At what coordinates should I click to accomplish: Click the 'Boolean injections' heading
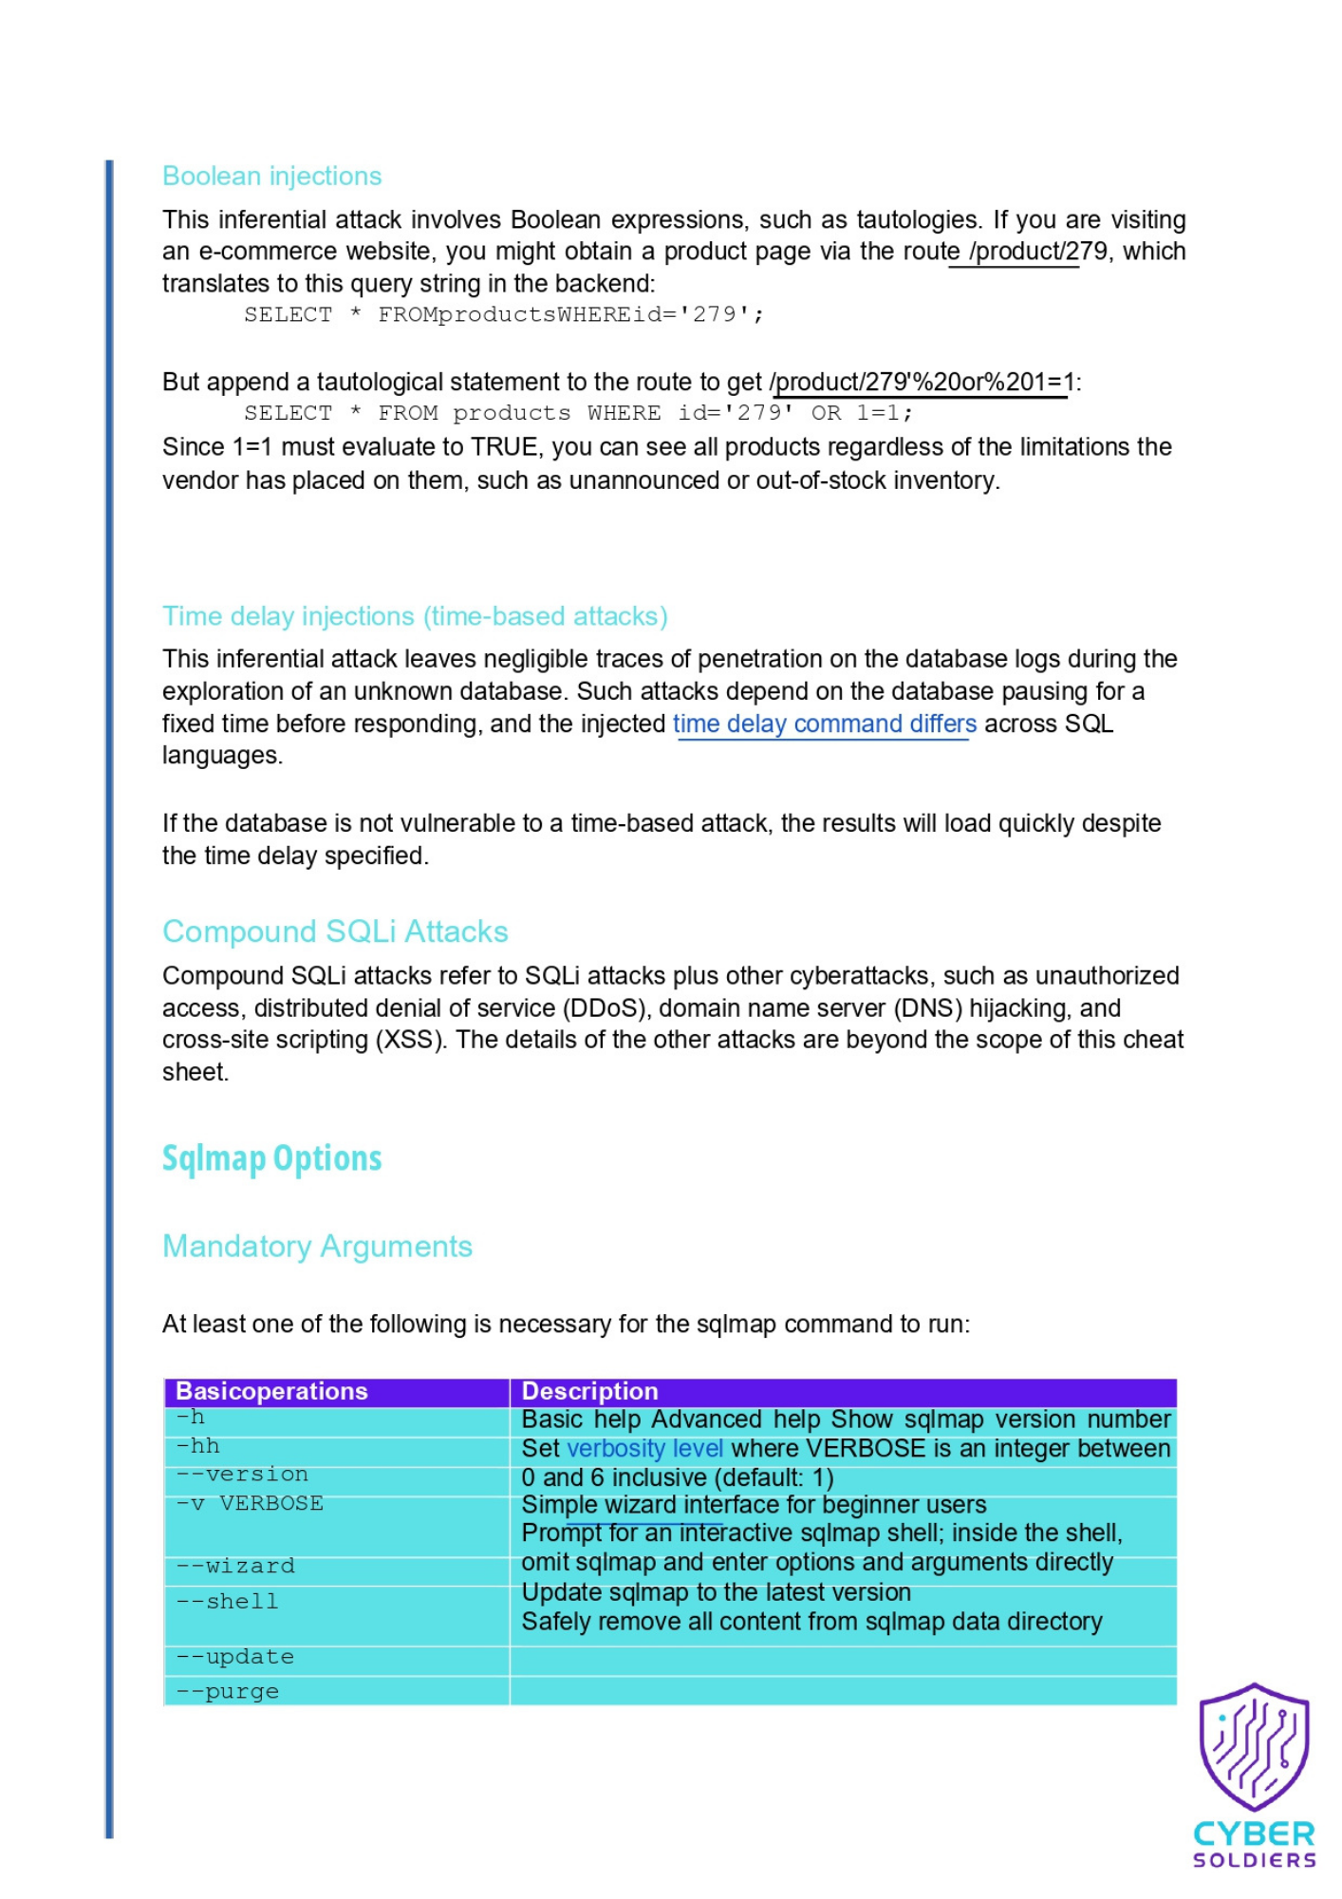(x=271, y=177)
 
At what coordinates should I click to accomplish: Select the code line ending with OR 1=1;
(x=578, y=413)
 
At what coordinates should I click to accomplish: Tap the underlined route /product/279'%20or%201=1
(x=922, y=383)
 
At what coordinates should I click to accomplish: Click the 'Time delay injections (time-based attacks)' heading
(x=415, y=616)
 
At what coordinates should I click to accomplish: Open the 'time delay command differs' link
(x=824, y=724)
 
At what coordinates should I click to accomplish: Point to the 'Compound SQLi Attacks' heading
(x=335, y=931)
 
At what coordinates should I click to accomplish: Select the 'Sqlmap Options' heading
(x=271, y=1158)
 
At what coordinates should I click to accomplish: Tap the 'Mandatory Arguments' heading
(x=317, y=1246)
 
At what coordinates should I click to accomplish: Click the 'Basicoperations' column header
(x=271, y=1391)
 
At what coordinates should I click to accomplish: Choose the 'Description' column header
(x=589, y=1391)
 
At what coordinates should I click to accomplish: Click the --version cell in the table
(x=242, y=1475)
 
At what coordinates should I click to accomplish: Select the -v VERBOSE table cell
(x=250, y=1504)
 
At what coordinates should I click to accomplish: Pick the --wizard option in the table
(x=235, y=1566)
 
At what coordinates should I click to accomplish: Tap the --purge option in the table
(x=228, y=1691)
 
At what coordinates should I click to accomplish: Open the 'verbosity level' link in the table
(x=644, y=1449)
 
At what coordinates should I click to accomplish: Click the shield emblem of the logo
(x=1254, y=1747)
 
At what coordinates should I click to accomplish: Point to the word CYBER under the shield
(x=1254, y=1833)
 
